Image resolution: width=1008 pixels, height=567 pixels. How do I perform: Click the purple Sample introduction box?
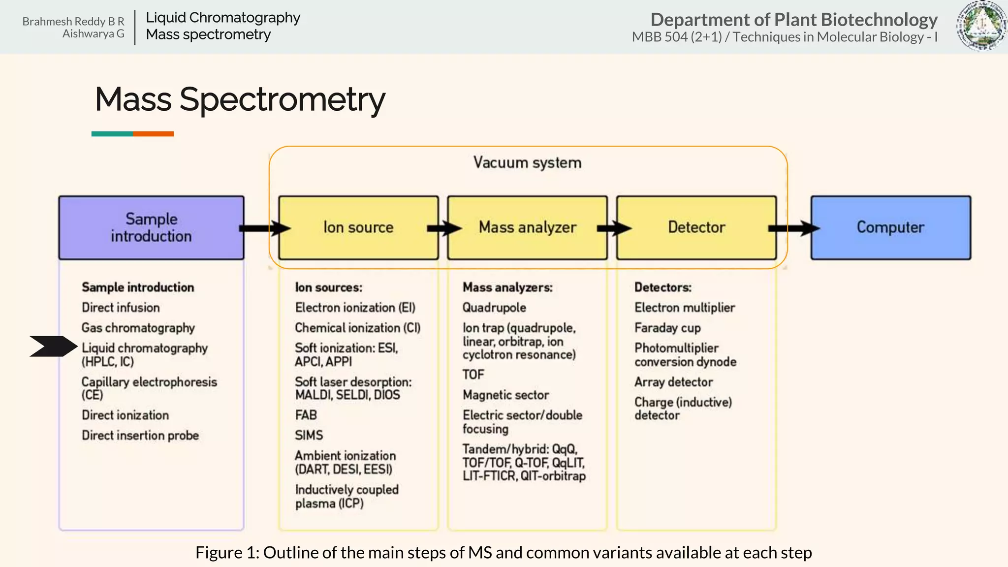(x=151, y=227)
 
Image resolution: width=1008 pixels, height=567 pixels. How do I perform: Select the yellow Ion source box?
(x=358, y=227)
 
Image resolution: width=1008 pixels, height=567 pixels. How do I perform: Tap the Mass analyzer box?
(x=527, y=227)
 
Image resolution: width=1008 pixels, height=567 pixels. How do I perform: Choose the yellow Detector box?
(x=696, y=227)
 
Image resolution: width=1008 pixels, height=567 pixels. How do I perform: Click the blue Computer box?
(x=890, y=227)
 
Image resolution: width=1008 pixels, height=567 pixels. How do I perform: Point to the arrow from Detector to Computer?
(x=793, y=228)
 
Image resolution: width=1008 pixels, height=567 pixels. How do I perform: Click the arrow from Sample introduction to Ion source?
(x=265, y=228)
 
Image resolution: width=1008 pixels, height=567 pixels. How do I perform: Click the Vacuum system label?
(x=527, y=162)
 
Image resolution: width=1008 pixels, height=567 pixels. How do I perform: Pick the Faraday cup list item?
(x=667, y=328)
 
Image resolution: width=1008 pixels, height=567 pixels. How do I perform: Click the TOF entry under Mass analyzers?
(x=473, y=375)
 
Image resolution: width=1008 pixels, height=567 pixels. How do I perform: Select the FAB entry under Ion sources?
(x=306, y=415)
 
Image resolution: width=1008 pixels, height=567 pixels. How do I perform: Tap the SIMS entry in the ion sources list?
(x=309, y=435)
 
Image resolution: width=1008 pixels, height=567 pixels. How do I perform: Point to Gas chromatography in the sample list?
(x=138, y=328)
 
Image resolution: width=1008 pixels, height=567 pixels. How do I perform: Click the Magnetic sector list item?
(x=505, y=395)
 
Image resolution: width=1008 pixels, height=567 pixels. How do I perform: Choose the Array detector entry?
(x=673, y=382)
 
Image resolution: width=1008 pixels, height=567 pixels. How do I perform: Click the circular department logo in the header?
(x=981, y=26)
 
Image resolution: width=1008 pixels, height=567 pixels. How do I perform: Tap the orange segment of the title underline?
(x=153, y=134)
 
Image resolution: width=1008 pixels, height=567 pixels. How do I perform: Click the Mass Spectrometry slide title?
(x=240, y=99)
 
